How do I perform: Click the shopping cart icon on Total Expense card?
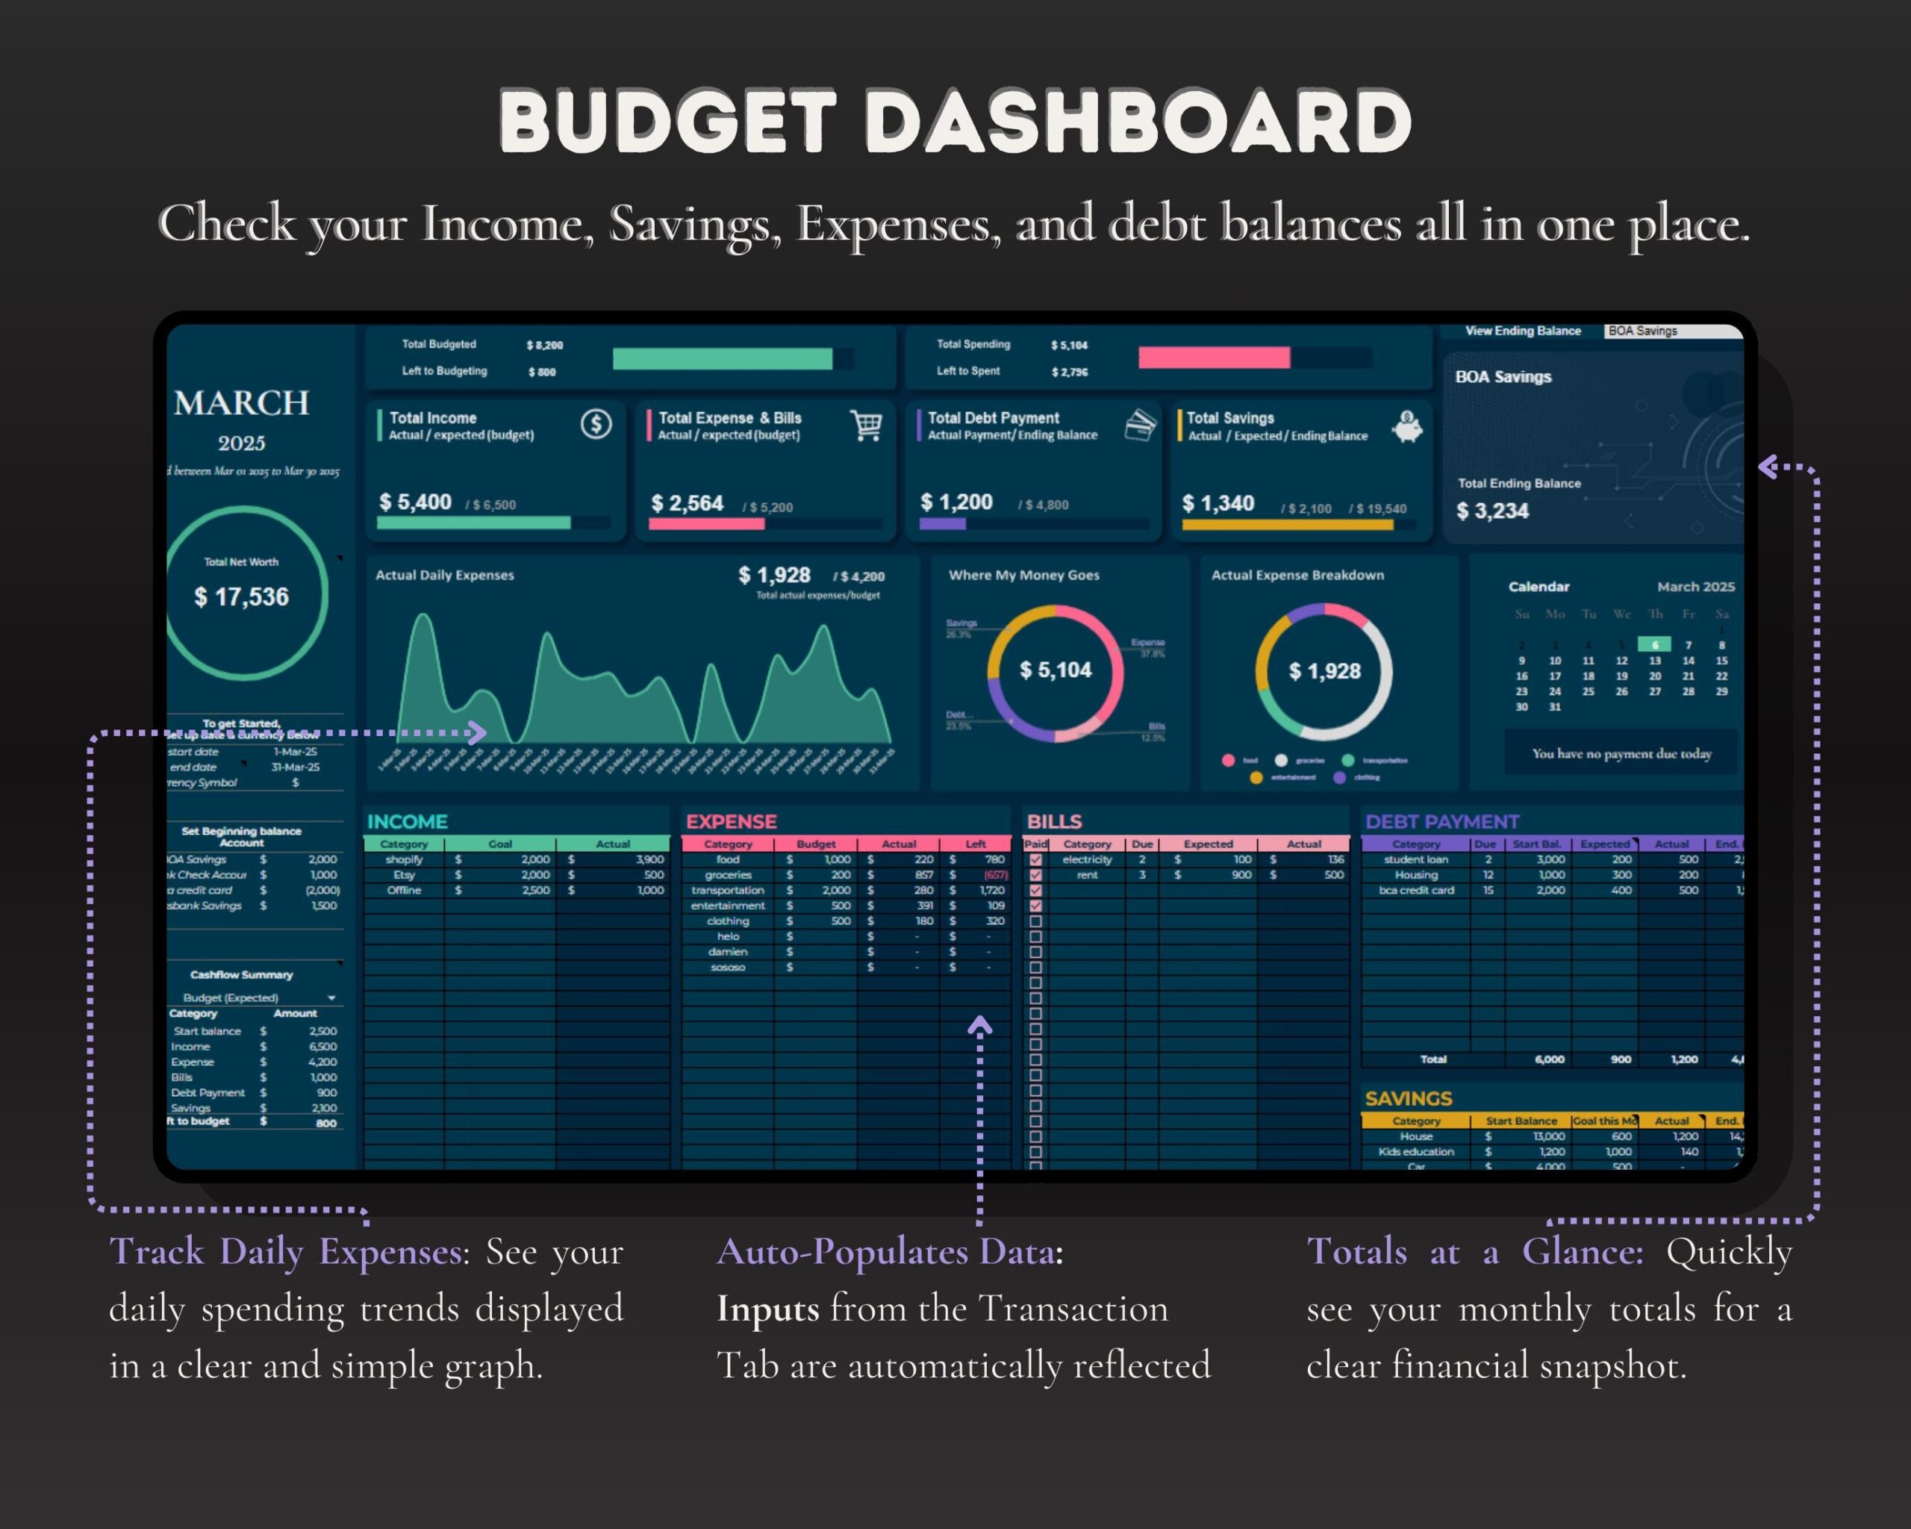[x=866, y=425]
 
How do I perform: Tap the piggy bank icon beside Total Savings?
[x=1406, y=426]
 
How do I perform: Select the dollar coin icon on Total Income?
[x=596, y=424]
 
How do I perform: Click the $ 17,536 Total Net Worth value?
[x=241, y=597]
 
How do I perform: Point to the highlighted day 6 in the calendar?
[x=1654, y=644]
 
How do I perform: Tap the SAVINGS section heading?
[x=1409, y=1098]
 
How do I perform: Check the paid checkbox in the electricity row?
[x=1035, y=859]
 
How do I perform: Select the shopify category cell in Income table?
[x=404, y=859]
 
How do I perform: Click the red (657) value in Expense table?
[x=995, y=875]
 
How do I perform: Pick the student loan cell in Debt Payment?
[x=1415, y=859]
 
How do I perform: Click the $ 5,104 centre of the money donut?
[x=1055, y=670]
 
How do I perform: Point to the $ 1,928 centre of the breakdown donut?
[x=1324, y=671]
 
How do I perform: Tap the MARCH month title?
[x=241, y=403]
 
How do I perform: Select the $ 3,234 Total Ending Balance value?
[x=1493, y=511]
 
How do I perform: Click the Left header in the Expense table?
[x=975, y=844]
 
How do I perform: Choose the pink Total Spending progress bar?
[x=1214, y=357]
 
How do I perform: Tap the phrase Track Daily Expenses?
[x=285, y=1251]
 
